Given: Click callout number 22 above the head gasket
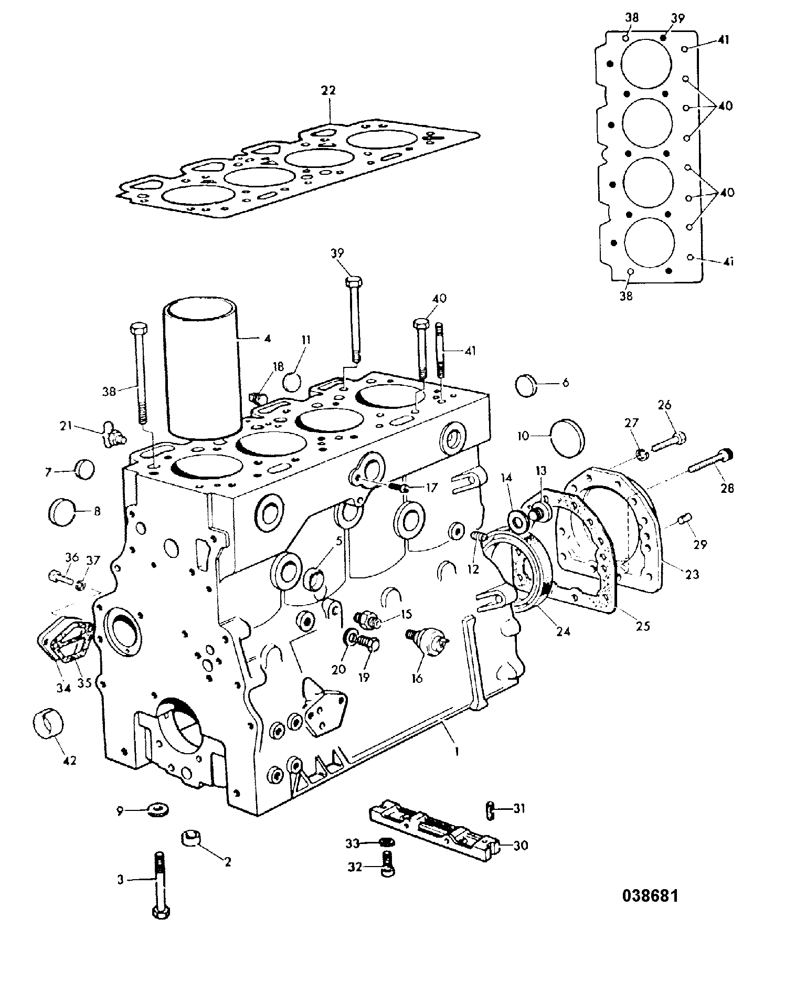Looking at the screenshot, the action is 328,90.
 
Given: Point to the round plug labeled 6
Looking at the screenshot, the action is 528,387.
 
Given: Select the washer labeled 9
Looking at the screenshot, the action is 157,810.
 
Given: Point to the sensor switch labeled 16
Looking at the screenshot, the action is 427,641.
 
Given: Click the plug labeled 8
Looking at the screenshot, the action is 63,511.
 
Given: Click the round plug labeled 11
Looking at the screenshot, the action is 292,381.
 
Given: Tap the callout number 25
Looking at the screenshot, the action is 643,626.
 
